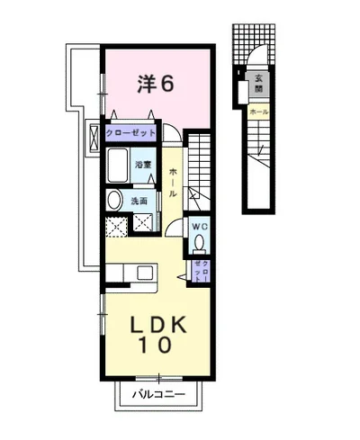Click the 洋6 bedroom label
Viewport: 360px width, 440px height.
tap(155, 84)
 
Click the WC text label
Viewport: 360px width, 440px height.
tap(199, 226)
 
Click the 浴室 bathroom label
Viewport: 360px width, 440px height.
tap(143, 165)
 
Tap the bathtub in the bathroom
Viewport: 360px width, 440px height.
tap(119, 167)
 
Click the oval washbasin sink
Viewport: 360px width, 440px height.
tap(114, 200)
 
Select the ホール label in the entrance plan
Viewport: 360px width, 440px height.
tap(257, 111)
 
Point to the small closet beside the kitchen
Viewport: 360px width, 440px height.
tap(201, 271)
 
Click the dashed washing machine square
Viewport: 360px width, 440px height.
tap(116, 226)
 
